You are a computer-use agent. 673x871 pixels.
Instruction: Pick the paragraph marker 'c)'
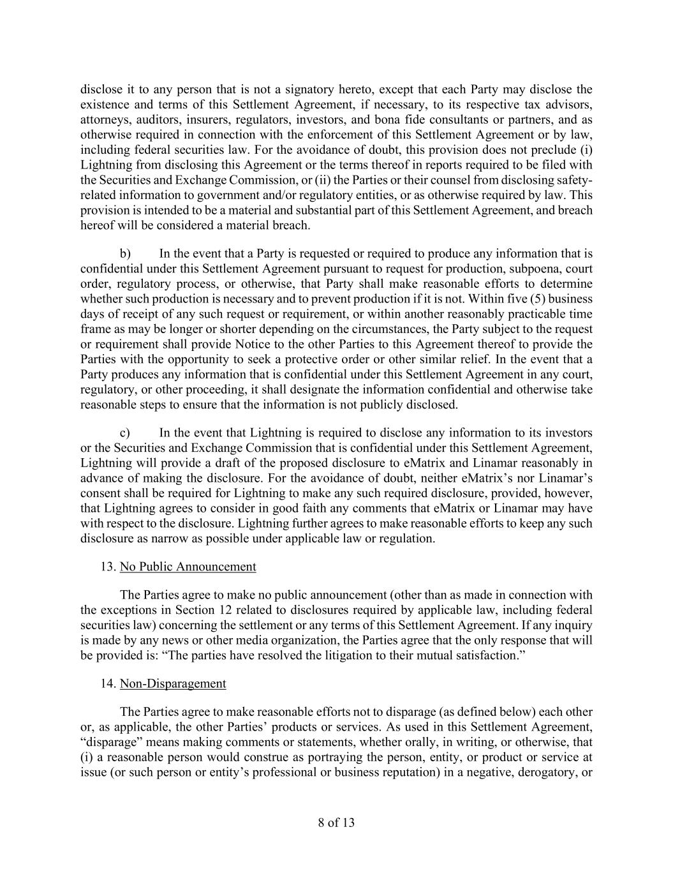(x=125, y=433)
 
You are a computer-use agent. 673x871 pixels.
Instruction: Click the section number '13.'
(x=108, y=567)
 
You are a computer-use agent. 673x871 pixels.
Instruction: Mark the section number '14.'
(x=108, y=683)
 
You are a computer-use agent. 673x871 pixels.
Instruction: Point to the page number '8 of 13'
(x=336, y=823)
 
